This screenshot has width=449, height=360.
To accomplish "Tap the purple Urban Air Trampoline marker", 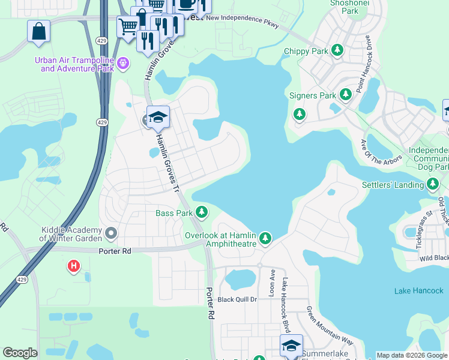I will (x=124, y=62).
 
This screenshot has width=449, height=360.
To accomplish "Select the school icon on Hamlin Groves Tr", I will (x=158, y=117).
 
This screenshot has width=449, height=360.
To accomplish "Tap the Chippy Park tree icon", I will (x=337, y=51).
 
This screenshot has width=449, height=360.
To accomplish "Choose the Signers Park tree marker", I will (x=345, y=95).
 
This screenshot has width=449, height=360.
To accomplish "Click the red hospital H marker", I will (x=74, y=265).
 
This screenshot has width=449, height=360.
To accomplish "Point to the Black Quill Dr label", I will (x=237, y=299).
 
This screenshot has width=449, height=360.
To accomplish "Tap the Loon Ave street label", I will (x=271, y=282).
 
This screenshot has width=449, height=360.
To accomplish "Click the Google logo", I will (x=20, y=353).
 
